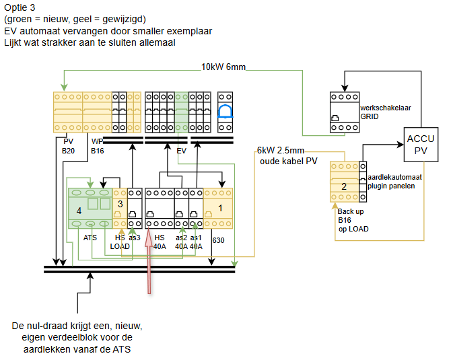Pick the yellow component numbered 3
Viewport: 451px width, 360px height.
click(x=120, y=205)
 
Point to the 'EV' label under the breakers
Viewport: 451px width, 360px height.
click(x=181, y=152)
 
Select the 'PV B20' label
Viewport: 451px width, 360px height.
click(x=69, y=147)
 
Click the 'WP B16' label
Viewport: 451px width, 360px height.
click(x=98, y=147)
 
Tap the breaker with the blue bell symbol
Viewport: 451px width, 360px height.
click(x=225, y=112)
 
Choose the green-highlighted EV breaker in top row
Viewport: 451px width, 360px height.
click(x=181, y=112)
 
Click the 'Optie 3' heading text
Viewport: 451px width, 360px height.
click(x=21, y=7)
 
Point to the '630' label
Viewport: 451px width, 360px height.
click(x=218, y=240)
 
